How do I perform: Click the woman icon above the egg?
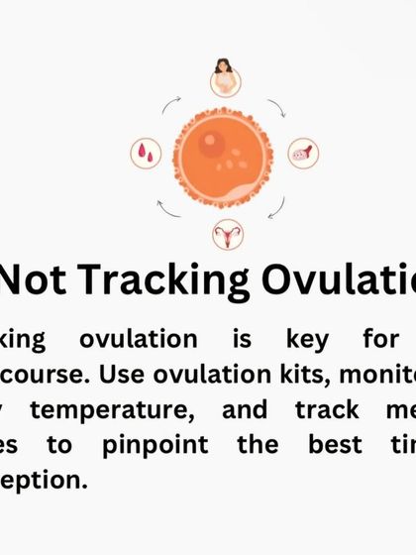(225, 76)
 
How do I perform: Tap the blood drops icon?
(146, 153)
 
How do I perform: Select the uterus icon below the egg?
(226, 234)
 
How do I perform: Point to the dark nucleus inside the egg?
(210, 144)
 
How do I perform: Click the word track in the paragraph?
(321, 410)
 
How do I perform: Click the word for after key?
(380, 339)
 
